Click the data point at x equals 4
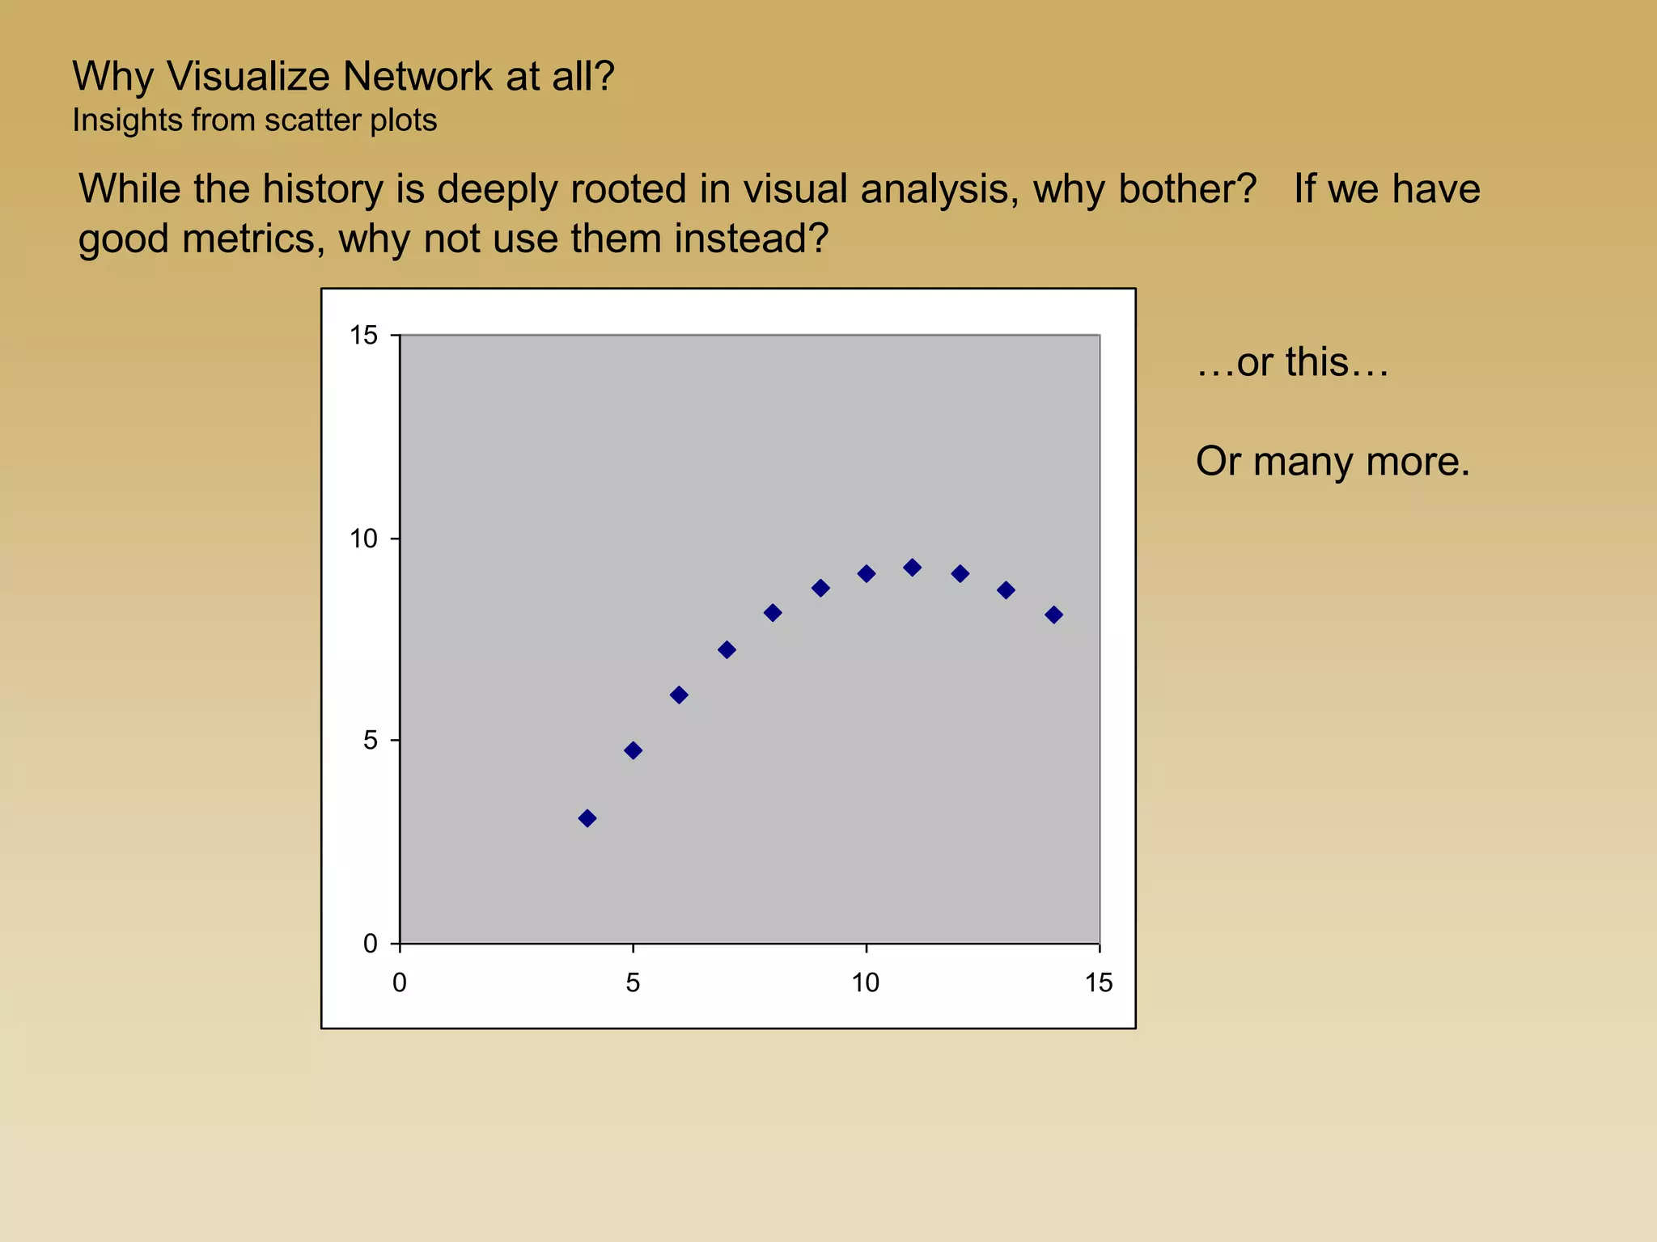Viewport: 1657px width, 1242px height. pos(587,818)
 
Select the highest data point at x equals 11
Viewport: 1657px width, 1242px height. pos(913,568)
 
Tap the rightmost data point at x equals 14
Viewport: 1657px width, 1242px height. pos(1053,615)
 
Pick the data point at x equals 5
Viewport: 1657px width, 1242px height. pos(634,750)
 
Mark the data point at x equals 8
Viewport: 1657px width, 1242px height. pos(773,613)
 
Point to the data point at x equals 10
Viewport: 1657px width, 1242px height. pos(867,574)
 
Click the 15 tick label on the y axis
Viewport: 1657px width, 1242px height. pos(364,336)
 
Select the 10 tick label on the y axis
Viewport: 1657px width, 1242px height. pos(364,539)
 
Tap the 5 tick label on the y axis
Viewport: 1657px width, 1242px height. pos(371,741)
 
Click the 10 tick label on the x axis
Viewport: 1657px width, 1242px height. pos(866,983)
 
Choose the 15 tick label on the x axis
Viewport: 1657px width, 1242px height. pos(1099,983)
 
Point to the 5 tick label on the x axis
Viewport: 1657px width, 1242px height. pos(633,983)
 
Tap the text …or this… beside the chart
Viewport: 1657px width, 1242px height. pos(1292,362)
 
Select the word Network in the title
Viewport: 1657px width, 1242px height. pos(417,78)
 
